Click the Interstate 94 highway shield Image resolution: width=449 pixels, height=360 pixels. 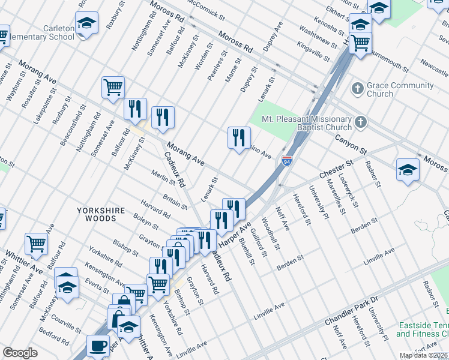[288, 162]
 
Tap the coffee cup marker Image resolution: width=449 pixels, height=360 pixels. [98, 346]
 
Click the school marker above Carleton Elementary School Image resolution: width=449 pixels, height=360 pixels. [86, 24]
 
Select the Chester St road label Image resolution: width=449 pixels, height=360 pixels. [337, 168]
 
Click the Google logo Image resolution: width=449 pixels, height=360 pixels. [20, 353]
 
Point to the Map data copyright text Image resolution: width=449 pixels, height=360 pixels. [424, 355]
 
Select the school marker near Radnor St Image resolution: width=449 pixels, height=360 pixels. [408, 170]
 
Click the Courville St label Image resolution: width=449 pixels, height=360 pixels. [67, 324]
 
